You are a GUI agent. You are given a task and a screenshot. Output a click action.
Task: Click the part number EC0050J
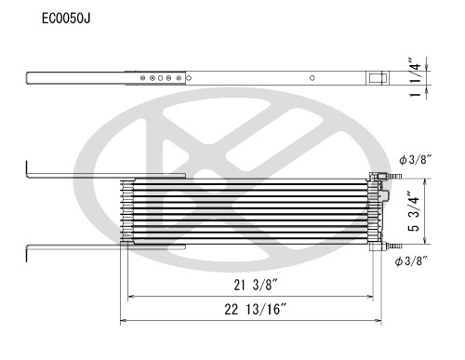click(x=66, y=18)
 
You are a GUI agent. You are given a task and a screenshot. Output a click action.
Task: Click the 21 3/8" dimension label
click(x=239, y=285)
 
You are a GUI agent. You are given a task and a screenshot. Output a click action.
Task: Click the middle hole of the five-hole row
click(x=161, y=80)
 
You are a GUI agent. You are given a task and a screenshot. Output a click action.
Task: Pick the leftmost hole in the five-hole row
click(x=142, y=80)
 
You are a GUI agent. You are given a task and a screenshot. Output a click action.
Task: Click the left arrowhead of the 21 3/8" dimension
click(x=131, y=297)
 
